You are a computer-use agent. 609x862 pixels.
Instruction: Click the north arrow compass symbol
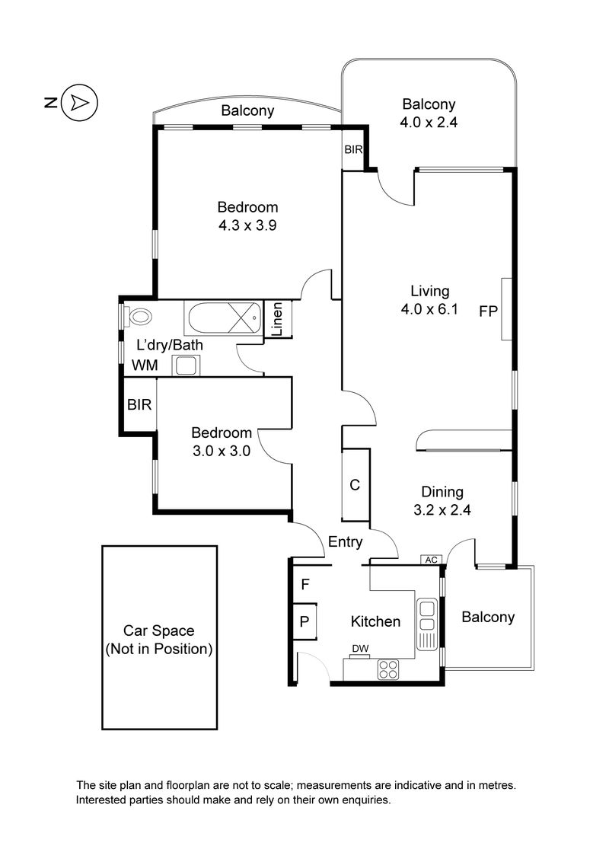click(x=79, y=103)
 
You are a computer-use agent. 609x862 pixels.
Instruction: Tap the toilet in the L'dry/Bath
click(x=139, y=315)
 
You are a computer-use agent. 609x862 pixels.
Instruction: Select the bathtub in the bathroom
click(x=222, y=315)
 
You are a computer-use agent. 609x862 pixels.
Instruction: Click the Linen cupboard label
click(x=278, y=320)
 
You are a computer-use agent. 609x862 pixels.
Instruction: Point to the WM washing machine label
click(x=145, y=366)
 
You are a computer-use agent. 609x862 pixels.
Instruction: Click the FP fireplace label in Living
click(x=488, y=311)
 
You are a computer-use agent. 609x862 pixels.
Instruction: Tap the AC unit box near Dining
click(x=432, y=560)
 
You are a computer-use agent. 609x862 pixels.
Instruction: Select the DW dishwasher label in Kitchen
click(x=360, y=649)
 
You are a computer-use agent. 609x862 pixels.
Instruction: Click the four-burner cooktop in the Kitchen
click(x=389, y=669)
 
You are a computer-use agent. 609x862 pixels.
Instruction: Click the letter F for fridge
click(x=304, y=585)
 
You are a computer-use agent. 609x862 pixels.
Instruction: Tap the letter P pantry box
click(x=304, y=621)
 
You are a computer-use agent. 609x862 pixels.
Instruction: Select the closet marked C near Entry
click(x=355, y=485)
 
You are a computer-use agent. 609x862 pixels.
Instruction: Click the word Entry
click(x=345, y=542)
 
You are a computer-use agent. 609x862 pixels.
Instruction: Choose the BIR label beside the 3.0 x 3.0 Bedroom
click(x=139, y=405)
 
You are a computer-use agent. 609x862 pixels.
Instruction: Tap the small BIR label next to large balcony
click(x=353, y=150)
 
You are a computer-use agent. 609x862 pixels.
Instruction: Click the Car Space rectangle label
click(x=159, y=640)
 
